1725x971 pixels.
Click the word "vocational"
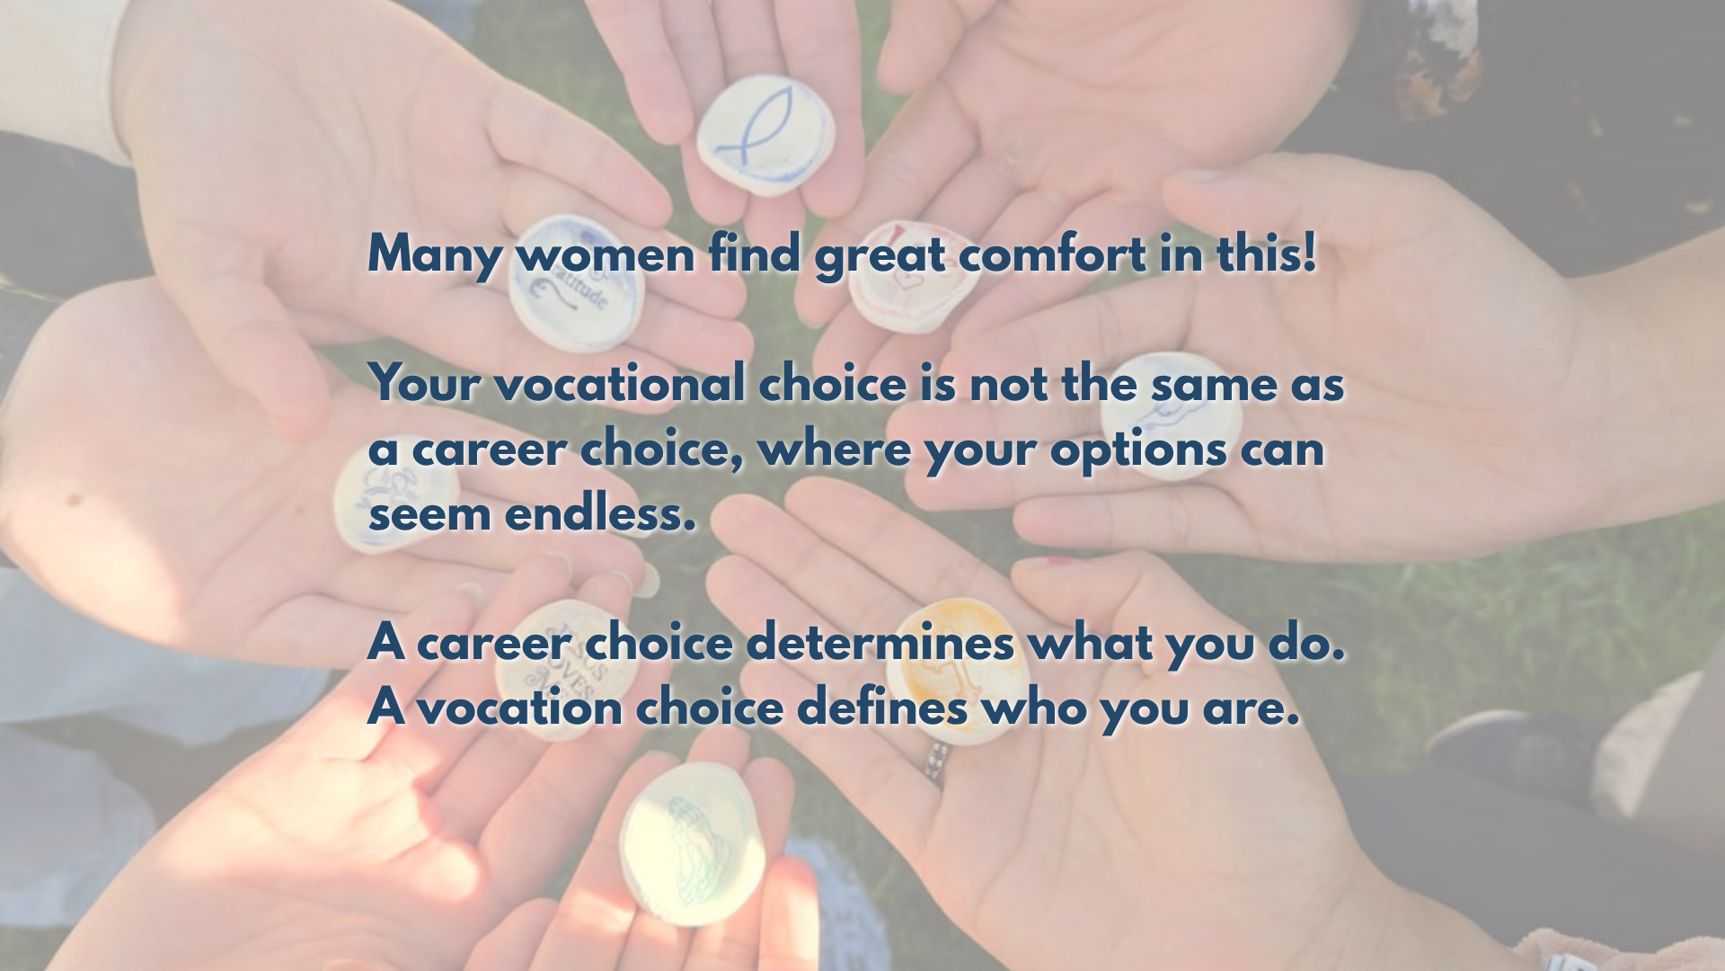tap(619, 384)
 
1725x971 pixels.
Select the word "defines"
tap(882, 707)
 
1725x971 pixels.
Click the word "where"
tap(835, 450)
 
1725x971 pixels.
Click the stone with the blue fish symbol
tap(765, 136)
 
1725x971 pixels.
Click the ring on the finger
tap(936, 763)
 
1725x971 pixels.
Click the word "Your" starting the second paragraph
tap(426, 385)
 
